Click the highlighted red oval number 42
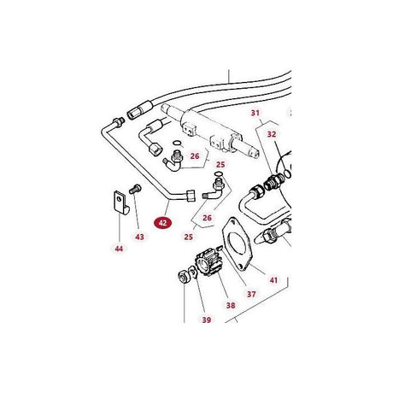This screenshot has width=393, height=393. [162, 223]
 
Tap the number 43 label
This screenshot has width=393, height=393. [139, 237]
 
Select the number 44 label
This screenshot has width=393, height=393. [119, 249]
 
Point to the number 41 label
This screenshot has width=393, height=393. [273, 280]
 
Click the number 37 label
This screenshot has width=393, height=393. [251, 294]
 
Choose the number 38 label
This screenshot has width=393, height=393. [231, 305]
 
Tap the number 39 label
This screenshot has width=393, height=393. [207, 320]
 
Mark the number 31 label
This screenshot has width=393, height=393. [255, 113]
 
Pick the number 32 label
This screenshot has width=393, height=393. [272, 134]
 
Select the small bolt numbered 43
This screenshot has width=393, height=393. [135, 189]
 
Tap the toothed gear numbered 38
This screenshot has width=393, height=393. [208, 262]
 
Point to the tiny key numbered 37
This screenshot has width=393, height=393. [220, 248]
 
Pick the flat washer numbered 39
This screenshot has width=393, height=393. [193, 272]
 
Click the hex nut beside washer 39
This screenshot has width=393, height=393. [182, 277]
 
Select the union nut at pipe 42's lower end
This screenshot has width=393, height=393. [191, 196]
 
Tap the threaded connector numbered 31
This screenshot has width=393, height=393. [273, 182]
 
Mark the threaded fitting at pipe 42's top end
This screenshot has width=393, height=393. [119, 121]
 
